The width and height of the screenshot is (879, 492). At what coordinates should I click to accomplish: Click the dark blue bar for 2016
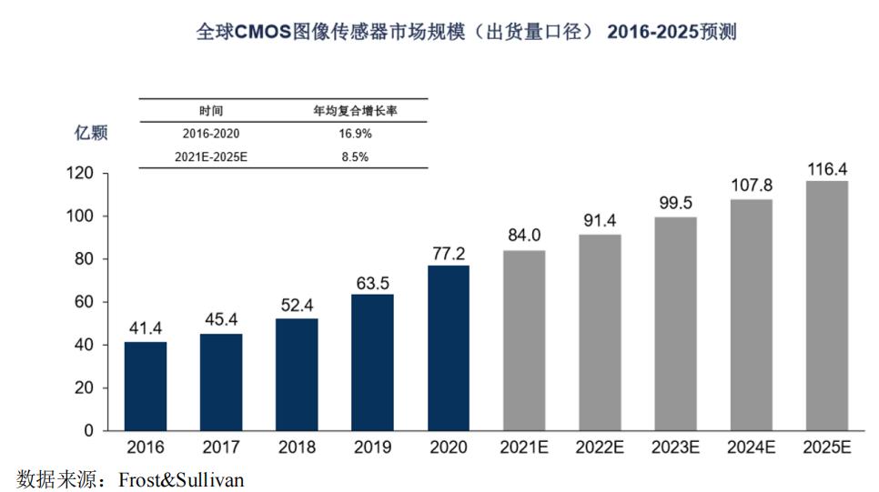tap(146, 386)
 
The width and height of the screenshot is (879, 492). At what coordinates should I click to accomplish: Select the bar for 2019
tap(372, 362)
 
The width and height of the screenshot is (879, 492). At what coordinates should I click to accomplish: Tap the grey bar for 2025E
tap(826, 306)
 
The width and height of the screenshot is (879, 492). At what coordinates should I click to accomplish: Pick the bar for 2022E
tap(600, 332)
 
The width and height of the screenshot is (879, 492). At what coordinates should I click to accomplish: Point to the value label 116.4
tap(826, 169)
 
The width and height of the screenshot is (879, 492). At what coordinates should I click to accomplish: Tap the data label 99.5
tap(675, 203)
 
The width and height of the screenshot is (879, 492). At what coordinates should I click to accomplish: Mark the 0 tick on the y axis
tap(89, 430)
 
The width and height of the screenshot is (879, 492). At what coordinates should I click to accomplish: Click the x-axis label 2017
tap(221, 447)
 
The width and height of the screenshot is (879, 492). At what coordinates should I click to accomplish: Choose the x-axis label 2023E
tap(675, 447)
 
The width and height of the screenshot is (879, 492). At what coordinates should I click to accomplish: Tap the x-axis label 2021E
tap(524, 447)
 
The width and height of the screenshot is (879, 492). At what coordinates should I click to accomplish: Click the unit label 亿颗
tap(90, 133)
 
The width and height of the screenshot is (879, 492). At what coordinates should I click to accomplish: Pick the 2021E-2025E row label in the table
tap(211, 156)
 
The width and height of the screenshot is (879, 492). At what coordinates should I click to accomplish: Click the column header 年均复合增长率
tap(355, 111)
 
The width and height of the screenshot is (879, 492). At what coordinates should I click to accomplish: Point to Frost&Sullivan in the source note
tap(181, 478)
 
